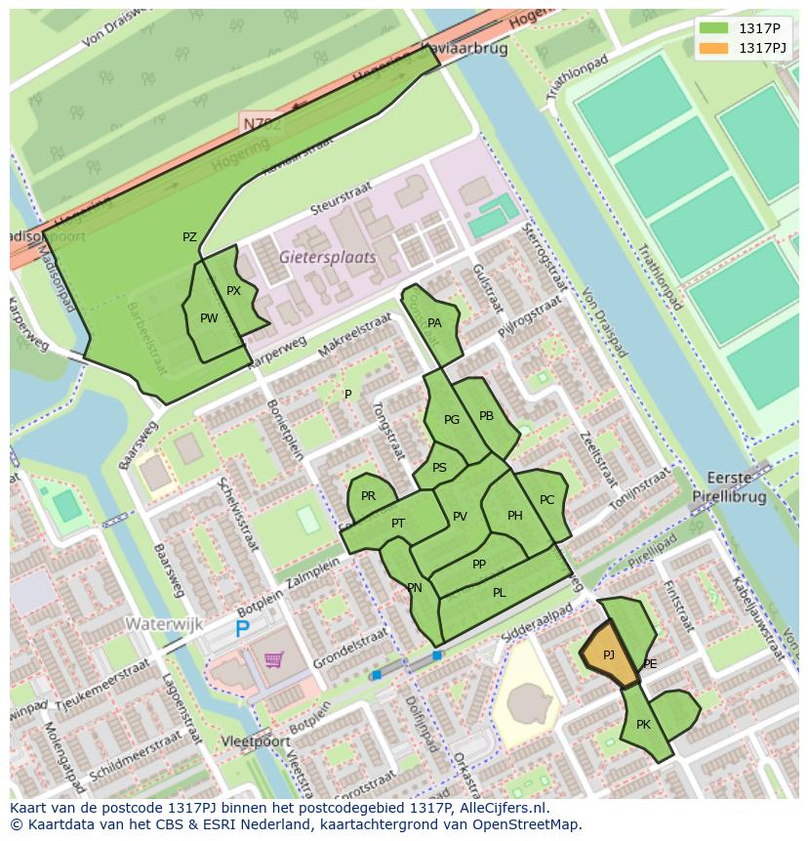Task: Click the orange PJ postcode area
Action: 608,653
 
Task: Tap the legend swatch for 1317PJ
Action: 713,48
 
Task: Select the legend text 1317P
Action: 758,28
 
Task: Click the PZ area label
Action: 189,237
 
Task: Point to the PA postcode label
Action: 435,323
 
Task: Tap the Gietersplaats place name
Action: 327,258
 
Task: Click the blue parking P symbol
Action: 242,629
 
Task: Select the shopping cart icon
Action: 274,661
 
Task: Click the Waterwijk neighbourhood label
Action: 165,622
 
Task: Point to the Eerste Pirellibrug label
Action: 729,486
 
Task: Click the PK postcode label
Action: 643,725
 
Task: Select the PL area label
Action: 499,592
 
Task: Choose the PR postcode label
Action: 368,496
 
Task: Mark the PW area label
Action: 209,318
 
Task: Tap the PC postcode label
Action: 546,500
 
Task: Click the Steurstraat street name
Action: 336,208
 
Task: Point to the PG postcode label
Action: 452,420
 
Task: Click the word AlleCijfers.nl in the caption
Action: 503,809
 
